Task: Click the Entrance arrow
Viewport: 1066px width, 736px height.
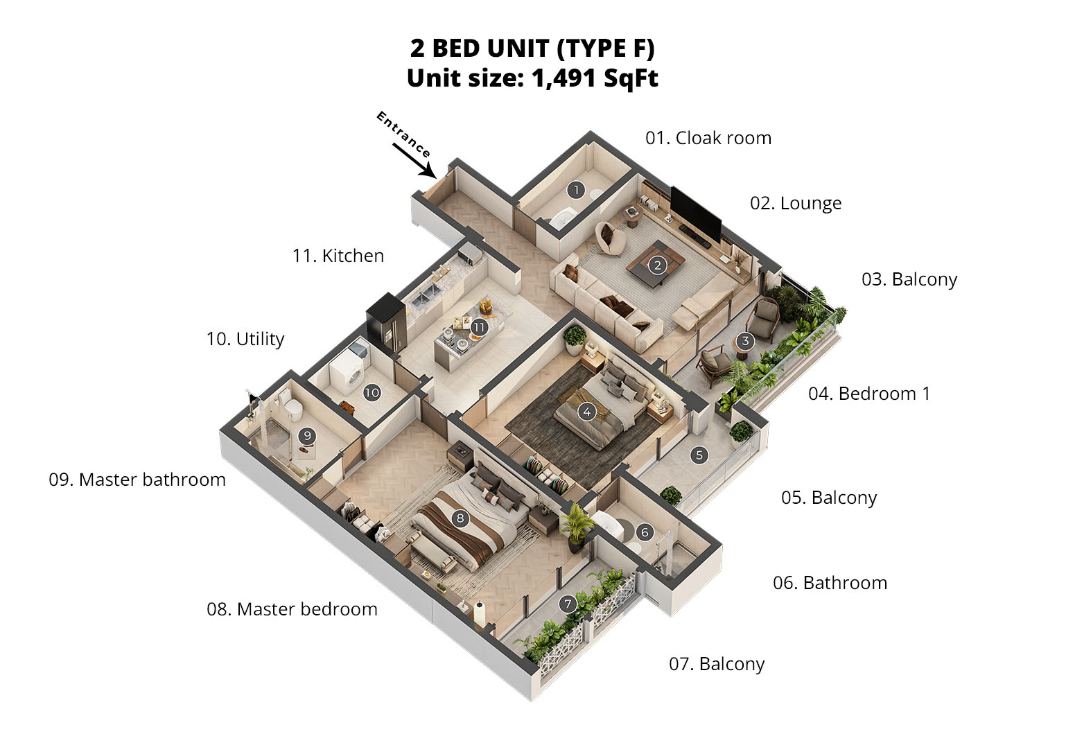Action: click(414, 160)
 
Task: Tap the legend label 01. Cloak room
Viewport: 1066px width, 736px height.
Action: click(708, 138)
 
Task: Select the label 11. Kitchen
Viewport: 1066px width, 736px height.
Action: click(338, 256)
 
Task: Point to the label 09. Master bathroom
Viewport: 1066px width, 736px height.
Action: click(137, 480)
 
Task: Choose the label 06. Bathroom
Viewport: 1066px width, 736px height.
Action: click(830, 583)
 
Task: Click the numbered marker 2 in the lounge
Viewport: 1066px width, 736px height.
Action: click(658, 265)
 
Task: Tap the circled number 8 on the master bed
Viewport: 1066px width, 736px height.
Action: click(460, 518)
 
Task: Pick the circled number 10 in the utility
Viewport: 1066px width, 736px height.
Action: click(372, 392)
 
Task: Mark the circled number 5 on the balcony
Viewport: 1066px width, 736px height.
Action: click(699, 455)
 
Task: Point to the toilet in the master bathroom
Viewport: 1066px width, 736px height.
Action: click(291, 406)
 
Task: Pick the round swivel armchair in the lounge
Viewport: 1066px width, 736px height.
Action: click(611, 238)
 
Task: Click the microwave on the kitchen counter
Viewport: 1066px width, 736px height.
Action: click(470, 254)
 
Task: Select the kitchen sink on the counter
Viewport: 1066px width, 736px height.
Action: click(426, 295)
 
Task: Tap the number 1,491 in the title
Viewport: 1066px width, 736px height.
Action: click(564, 78)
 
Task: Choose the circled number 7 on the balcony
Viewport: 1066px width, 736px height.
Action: click(567, 604)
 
